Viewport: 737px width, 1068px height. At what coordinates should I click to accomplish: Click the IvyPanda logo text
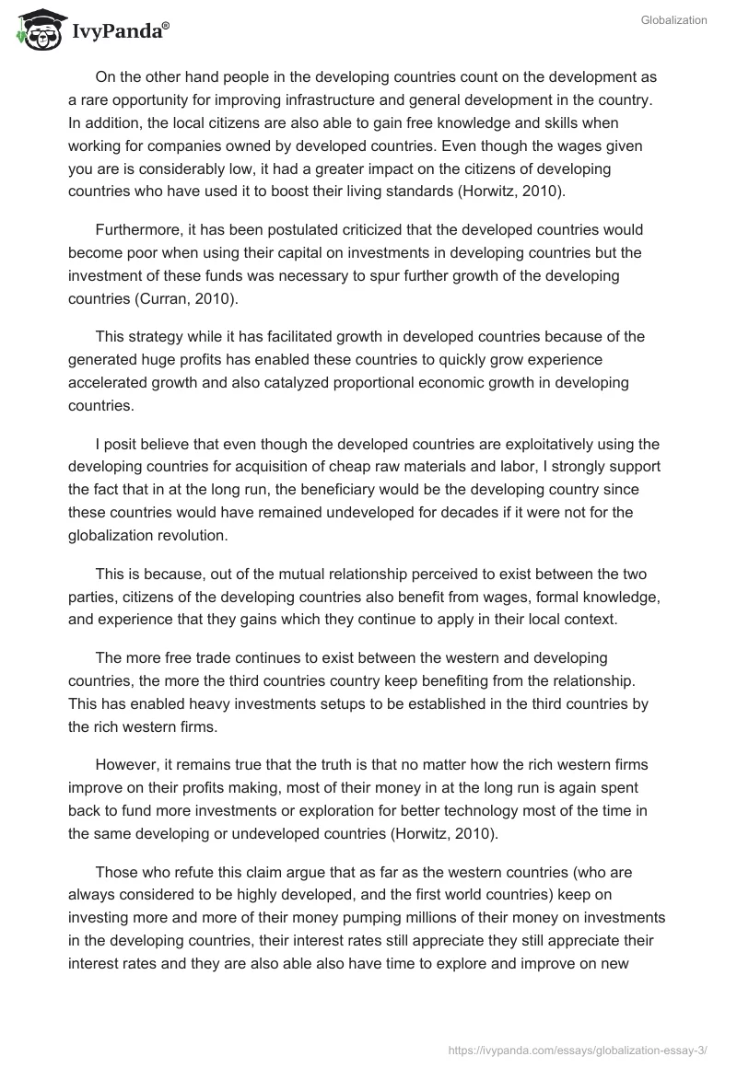tap(120, 33)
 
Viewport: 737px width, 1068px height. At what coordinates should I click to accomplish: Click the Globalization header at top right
tap(673, 20)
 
